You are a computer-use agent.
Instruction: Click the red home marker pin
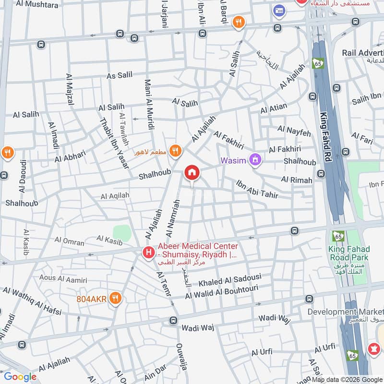192,173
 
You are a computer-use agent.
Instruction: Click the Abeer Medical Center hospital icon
149,252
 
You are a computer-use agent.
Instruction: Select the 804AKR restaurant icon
115,299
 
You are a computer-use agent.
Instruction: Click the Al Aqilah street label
115,196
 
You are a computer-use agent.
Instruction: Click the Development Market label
346,312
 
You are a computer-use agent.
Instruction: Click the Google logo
20,377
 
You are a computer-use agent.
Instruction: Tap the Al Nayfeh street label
294,130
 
